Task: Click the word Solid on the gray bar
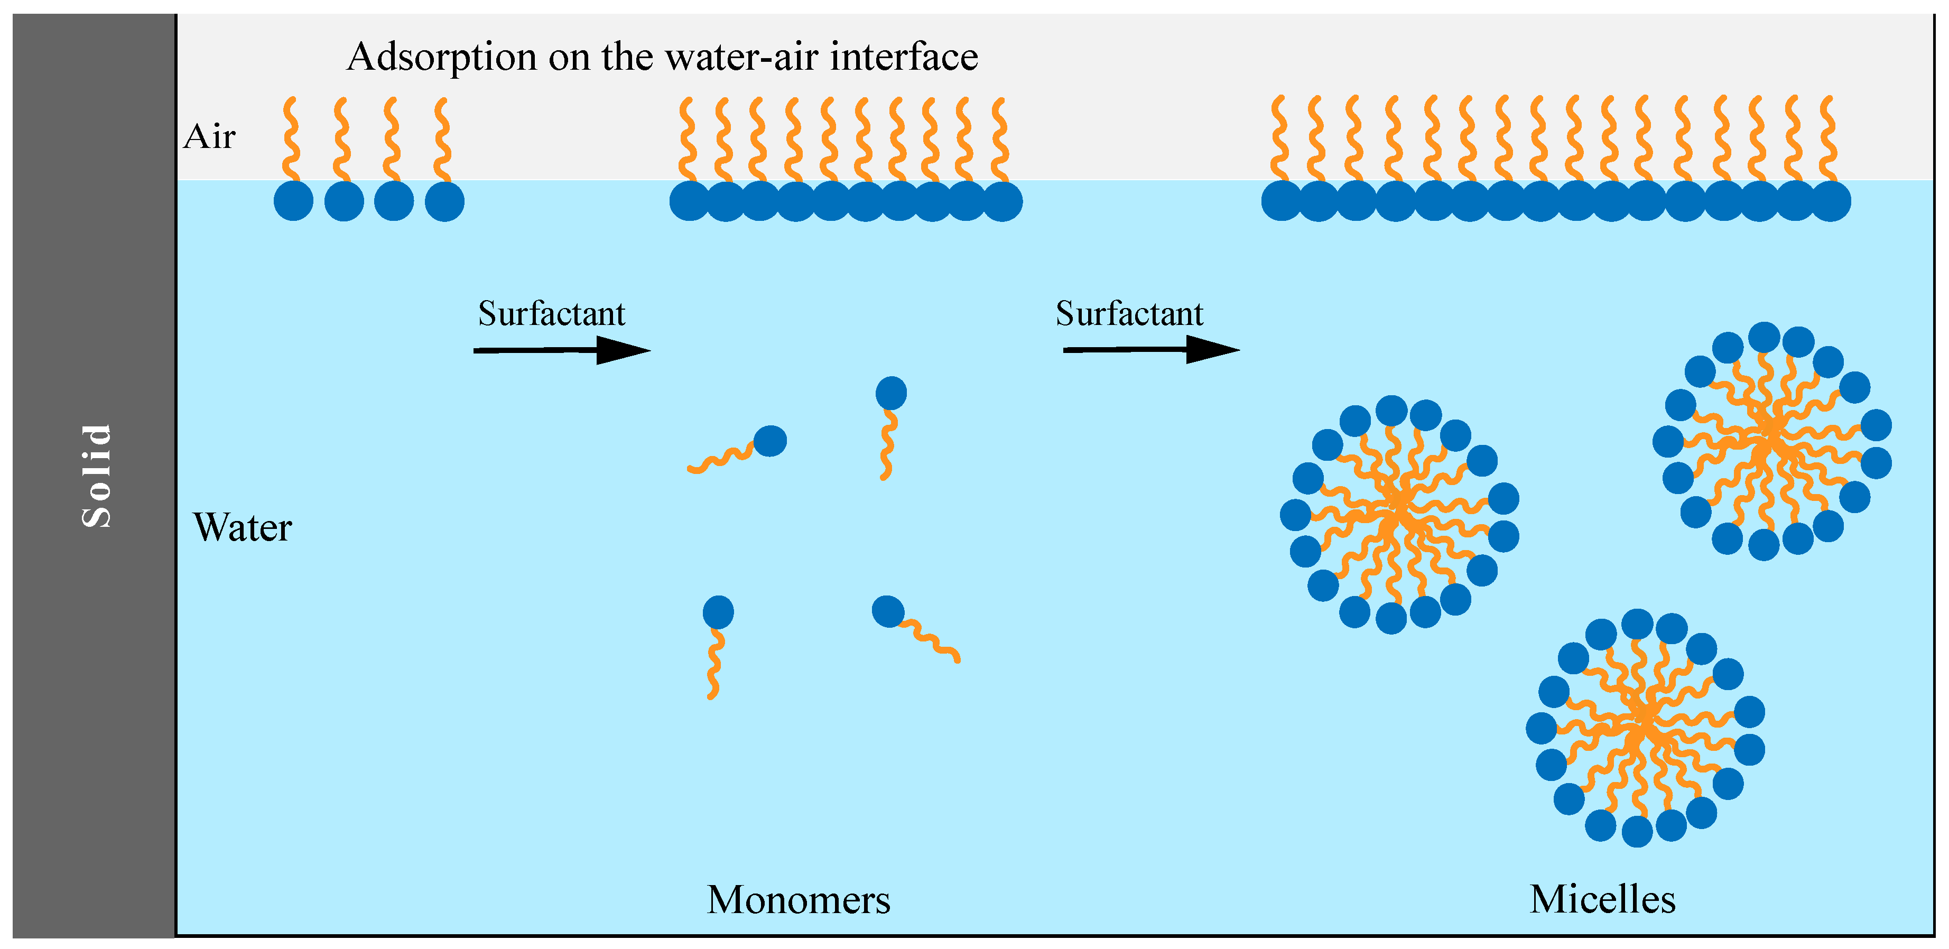click(x=97, y=475)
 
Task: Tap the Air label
click(x=210, y=137)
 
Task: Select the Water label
click(x=242, y=527)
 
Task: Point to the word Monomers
click(x=798, y=900)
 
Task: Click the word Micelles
click(x=1602, y=900)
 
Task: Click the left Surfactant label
click(x=552, y=313)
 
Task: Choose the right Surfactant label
click(x=1129, y=313)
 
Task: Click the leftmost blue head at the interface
click(x=293, y=201)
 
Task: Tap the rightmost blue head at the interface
click(x=1831, y=201)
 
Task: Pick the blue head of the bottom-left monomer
click(x=718, y=612)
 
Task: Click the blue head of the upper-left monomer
click(x=770, y=441)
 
